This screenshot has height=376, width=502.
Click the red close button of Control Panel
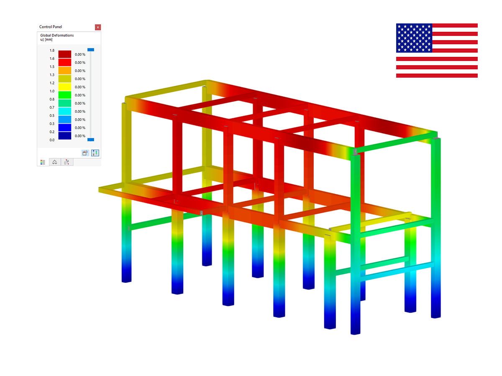97,27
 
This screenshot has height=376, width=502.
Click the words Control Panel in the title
51,27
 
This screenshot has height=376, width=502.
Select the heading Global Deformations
57,35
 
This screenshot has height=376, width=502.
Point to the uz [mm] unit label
46,40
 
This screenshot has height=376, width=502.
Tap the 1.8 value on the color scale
52,50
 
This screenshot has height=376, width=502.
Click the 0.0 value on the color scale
52,140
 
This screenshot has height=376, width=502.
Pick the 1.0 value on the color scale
52,91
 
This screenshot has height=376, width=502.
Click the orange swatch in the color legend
65,71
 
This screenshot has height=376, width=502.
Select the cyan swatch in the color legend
65,111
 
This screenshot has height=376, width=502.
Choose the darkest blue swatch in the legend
65,136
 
